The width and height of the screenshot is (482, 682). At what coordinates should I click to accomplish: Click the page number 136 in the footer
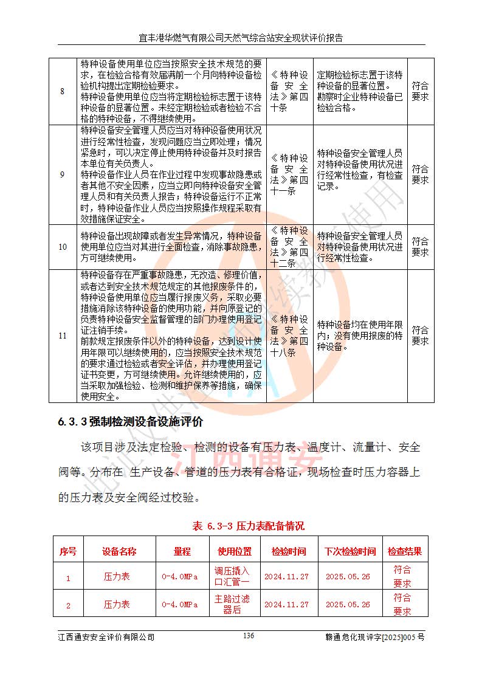point(248,636)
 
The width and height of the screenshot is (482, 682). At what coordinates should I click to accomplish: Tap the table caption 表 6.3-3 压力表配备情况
point(248,526)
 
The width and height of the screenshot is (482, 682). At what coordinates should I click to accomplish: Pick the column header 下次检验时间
point(349,551)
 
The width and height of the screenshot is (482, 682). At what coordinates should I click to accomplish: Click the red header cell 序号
point(67,551)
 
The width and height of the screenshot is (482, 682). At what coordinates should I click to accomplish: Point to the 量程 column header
point(182,551)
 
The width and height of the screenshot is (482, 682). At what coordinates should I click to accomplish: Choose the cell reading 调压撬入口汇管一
point(232,576)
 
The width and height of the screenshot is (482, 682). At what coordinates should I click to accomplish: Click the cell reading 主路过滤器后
point(232,604)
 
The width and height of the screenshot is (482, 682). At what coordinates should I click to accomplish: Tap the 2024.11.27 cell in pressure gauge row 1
point(286,577)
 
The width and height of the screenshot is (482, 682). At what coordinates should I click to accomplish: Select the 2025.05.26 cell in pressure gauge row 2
point(348,605)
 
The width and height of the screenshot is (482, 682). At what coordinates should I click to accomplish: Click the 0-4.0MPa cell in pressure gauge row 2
point(180,605)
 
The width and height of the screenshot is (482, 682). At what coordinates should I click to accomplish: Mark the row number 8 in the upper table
point(62,91)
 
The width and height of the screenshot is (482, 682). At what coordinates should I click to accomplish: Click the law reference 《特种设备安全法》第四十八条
point(289,336)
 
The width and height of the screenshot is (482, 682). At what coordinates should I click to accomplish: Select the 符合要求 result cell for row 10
point(420,247)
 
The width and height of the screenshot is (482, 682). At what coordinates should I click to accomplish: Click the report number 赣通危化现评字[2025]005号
point(375,637)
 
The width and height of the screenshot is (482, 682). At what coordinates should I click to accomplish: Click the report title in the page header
point(241,38)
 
